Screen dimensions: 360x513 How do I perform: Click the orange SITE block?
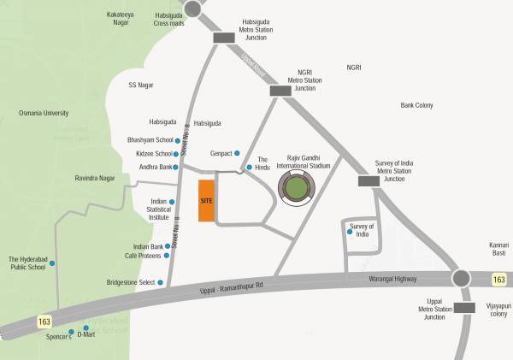(205, 201)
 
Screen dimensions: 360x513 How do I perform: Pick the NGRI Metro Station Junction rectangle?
(280, 91)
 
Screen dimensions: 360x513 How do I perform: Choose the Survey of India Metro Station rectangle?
(369, 180)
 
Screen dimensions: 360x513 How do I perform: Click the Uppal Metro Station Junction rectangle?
(464, 308)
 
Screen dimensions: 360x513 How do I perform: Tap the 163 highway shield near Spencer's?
(44, 322)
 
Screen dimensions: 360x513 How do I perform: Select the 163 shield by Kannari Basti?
(499, 280)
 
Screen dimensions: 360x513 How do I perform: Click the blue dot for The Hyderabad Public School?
(52, 263)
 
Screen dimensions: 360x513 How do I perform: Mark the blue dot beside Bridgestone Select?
(160, 282)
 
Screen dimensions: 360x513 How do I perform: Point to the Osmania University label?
(44, 113)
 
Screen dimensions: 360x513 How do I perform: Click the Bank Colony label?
(417, 105)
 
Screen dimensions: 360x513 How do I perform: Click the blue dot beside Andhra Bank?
(177, 168)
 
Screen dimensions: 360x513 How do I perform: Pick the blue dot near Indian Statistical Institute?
(172, 202)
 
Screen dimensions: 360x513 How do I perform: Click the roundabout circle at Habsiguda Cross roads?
(193, 8)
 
